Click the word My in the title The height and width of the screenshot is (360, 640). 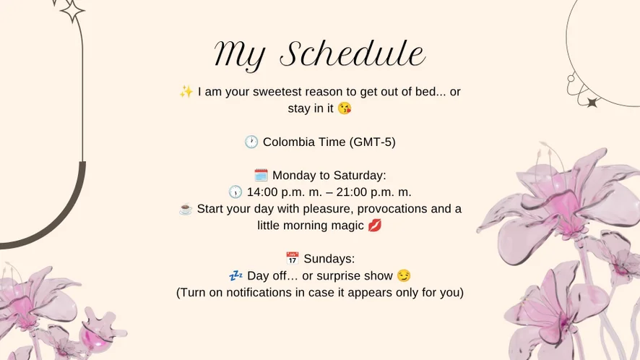coord(240,56)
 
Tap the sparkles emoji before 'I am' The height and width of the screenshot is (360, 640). coord(186,92)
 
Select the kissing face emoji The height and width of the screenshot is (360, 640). coord(345,108)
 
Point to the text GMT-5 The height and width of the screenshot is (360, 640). coord(372,142)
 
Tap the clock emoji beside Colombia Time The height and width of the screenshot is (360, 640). coord(251,142)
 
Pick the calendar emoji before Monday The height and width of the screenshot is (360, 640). coord(261,175)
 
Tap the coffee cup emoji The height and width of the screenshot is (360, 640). coord(186,209)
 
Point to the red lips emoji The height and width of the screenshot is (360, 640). coord(375,225)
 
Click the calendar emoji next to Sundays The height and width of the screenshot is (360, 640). coord(293,259)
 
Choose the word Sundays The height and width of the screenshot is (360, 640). coord(329,259)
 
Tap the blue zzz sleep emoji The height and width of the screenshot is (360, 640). coord(236,275)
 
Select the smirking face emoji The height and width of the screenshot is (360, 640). coord(404,275)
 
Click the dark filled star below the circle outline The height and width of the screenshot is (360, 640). coord(592,102)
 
